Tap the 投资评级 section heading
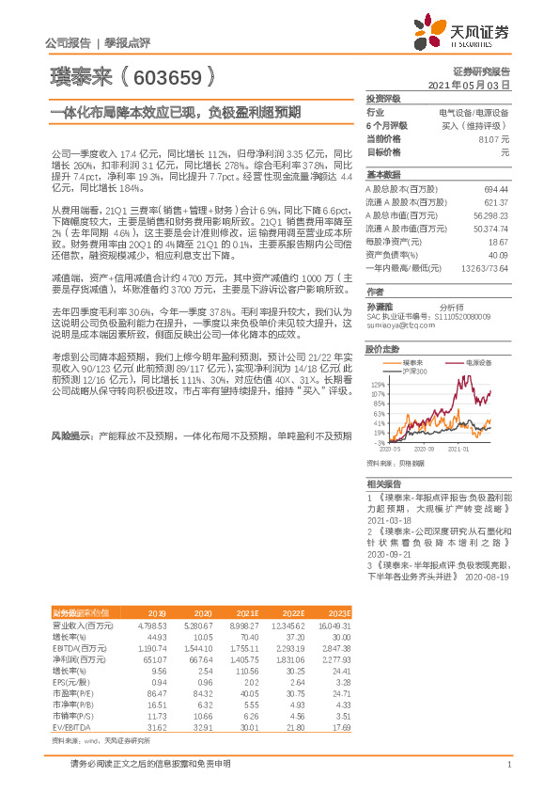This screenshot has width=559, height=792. tap(382, 98)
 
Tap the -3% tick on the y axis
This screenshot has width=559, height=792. tap(379, 442)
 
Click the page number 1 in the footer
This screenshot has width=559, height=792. tap(507, 776)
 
